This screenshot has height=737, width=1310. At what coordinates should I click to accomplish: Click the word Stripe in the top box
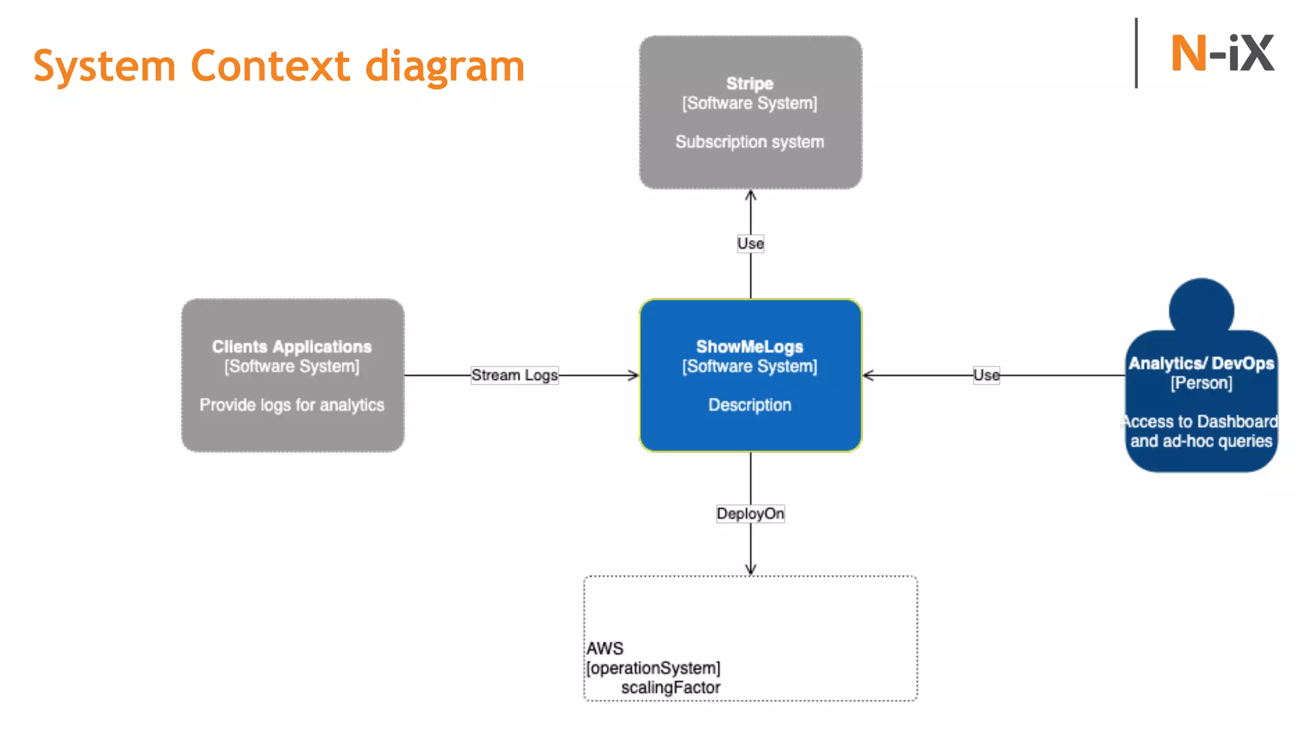tap(750, 84)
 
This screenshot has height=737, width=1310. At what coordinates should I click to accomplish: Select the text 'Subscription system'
tap(750, 142)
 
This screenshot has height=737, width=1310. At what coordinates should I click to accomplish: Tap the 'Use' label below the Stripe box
tap(750, 244)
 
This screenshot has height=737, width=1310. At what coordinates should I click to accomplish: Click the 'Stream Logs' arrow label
tap(514, 376)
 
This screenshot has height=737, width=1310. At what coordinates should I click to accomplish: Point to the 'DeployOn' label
tap(750, 514)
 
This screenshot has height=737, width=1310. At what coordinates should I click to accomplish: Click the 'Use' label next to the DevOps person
tap(986, 376)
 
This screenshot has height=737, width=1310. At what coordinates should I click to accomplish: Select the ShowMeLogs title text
tap(750, 347)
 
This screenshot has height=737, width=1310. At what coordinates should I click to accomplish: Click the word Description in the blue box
tap(750, 405)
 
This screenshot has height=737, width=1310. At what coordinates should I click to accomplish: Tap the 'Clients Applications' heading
tap(292, 347)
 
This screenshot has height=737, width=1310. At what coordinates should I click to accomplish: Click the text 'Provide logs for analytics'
tap(292, 405)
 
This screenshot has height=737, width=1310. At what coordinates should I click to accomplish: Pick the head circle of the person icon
tap(1201, 308)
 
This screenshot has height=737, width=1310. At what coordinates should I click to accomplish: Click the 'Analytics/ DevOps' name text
tap(1201, 363)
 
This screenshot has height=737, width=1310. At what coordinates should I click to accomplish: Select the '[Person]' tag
tap(1201, 383)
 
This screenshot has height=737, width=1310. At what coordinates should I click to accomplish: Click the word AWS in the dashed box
tap(604, 649)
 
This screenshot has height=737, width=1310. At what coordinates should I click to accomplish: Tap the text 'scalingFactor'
tap(670, 688)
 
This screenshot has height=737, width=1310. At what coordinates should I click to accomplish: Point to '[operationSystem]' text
tap(653, 668)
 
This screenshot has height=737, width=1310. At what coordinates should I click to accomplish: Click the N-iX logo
tap(1222, 54)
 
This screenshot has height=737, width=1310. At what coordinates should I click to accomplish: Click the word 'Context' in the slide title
tap(270, 67)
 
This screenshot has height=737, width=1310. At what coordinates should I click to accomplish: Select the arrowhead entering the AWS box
tap(750, 569)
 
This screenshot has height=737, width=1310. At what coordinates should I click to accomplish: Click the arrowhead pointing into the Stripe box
tap(750, 195)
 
